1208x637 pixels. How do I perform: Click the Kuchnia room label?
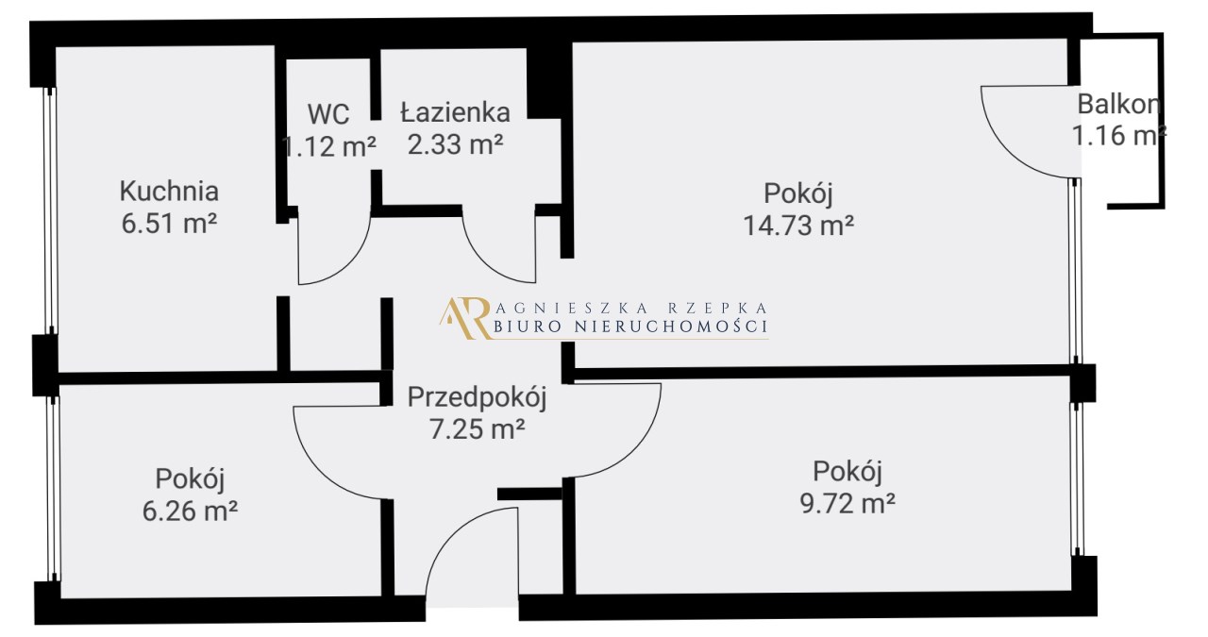click(x=169, y=191)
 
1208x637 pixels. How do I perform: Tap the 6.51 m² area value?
click(x=169, y=223)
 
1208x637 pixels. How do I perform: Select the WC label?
click(x=328, y=114)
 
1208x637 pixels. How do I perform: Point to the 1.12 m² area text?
click(x=329, y=146)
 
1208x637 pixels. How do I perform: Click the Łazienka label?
click(x=455, y=112)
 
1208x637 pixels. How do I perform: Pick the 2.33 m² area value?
click(x=455, y=144)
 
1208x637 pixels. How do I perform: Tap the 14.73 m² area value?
click(x=798, y=225)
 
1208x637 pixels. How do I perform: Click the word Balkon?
click(x=1118, y=104)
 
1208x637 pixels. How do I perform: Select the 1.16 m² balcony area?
click(x=1119, y=135)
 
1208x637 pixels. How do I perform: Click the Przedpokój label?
click(x=478, y=398)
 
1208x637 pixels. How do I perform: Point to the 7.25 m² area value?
click(x=478, y=429)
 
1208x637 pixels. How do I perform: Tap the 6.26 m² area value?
click(x=190, y=511)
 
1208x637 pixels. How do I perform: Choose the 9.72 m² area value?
click(x=847, y=503)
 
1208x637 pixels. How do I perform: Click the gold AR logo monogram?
click(x=466, y=318)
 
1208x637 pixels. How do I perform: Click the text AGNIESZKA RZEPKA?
click(x=631, y=308)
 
